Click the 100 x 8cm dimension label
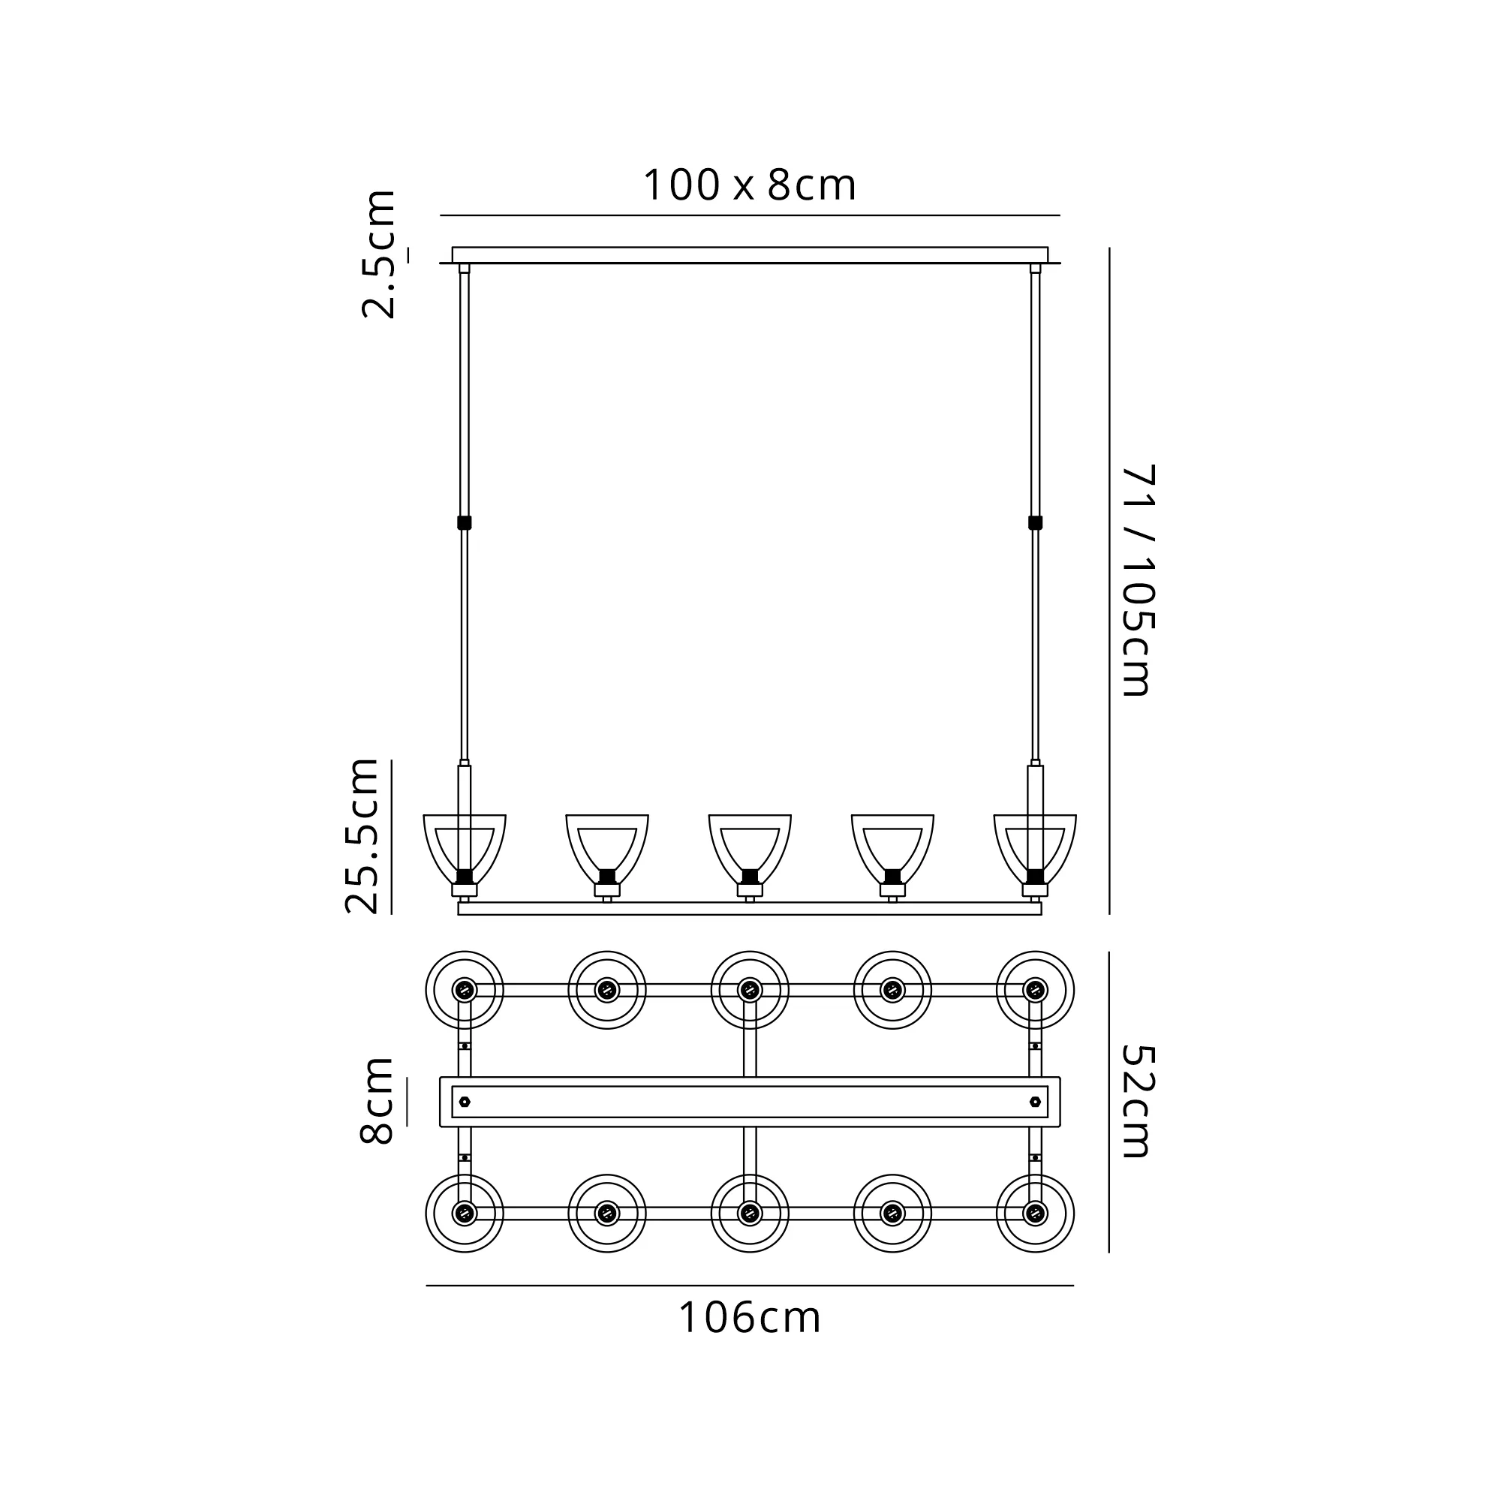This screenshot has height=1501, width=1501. pos(750,185)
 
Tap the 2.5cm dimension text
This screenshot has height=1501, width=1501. pos(379,254)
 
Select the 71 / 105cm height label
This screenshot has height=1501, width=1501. pos(1139,579)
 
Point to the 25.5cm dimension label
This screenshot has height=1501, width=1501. pos(362,836)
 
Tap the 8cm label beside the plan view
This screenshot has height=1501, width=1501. pos(378,1100)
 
